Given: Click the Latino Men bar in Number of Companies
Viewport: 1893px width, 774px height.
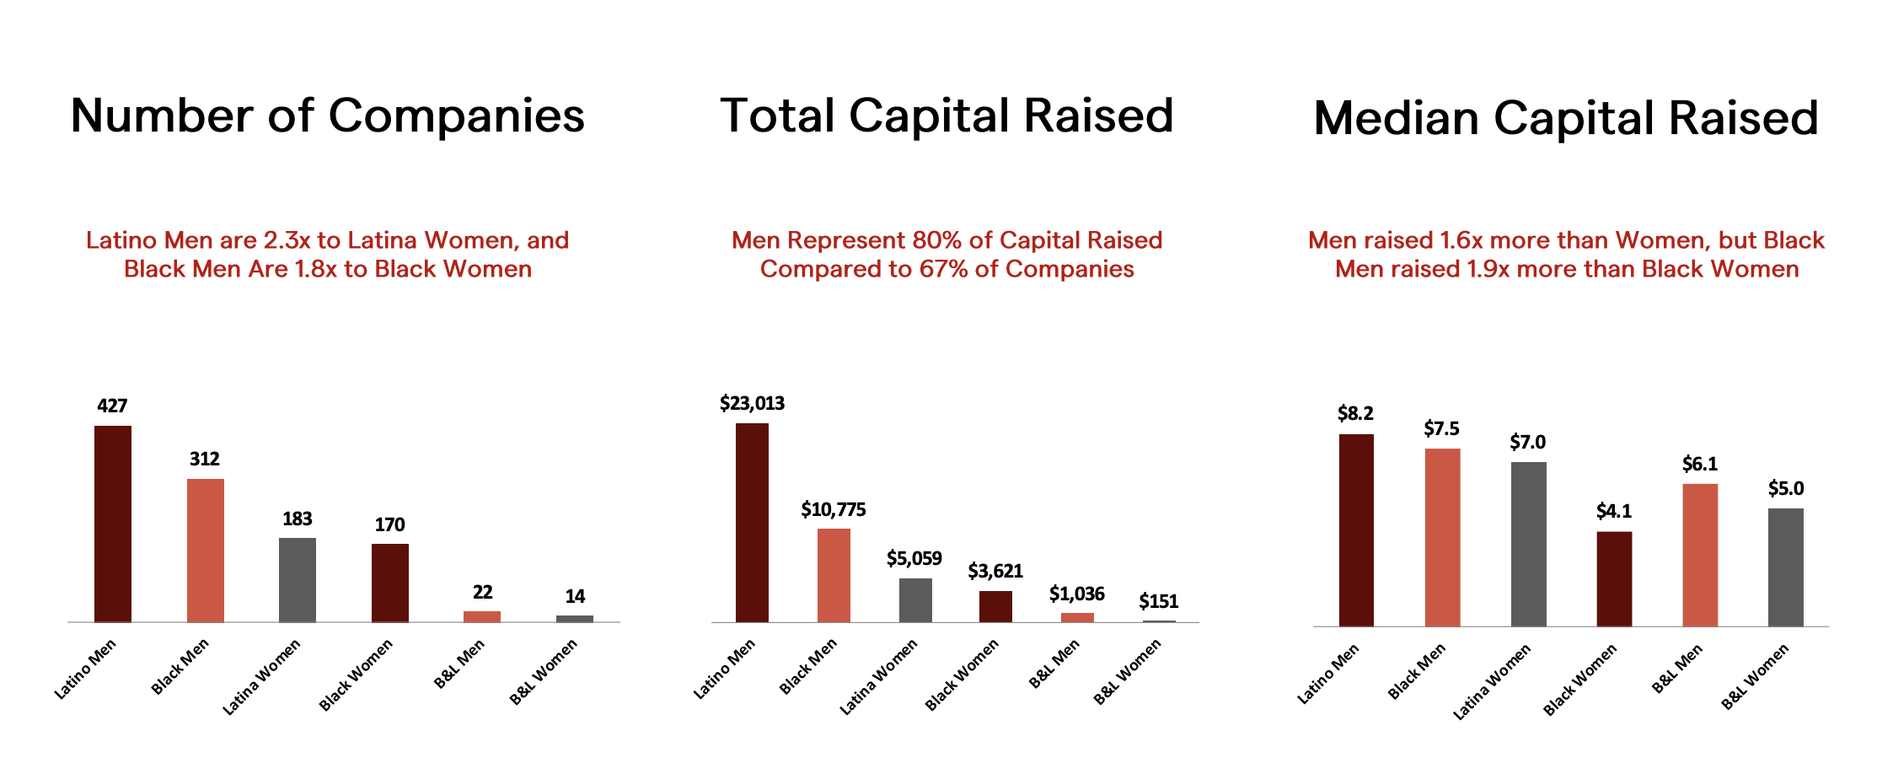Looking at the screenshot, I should click(112, 524).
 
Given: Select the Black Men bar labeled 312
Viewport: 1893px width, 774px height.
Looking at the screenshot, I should click(205, 551).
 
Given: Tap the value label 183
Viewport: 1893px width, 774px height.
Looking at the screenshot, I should click(297, 519).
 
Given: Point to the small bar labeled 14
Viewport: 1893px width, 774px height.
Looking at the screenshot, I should click(574, 618).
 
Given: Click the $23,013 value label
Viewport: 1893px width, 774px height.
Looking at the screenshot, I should click(752, 403).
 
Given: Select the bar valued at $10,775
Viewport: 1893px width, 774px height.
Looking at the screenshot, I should click(834, 575).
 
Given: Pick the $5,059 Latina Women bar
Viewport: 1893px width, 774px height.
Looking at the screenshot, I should click(915, 599).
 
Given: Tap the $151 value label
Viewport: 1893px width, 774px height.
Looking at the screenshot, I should click(1158, 601).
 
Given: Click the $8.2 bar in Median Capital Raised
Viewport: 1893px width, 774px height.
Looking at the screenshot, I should click(1355, 529).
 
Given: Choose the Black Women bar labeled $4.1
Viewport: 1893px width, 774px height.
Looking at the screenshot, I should click(1613, 578).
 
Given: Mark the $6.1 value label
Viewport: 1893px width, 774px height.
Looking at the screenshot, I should click(1699, 464).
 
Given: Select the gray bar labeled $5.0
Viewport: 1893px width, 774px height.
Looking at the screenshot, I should click(1785, 567).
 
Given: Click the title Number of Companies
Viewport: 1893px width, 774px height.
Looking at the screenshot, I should click(327, 116).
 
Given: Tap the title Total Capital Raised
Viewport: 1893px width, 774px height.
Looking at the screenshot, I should click(946, 116).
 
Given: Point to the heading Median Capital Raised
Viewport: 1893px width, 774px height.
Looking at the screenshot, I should click(1566, 118).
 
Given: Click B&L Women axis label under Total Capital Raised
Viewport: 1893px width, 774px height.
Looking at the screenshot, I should click(1128, 671).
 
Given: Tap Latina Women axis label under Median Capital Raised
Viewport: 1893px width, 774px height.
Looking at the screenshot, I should click(1492, 681).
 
